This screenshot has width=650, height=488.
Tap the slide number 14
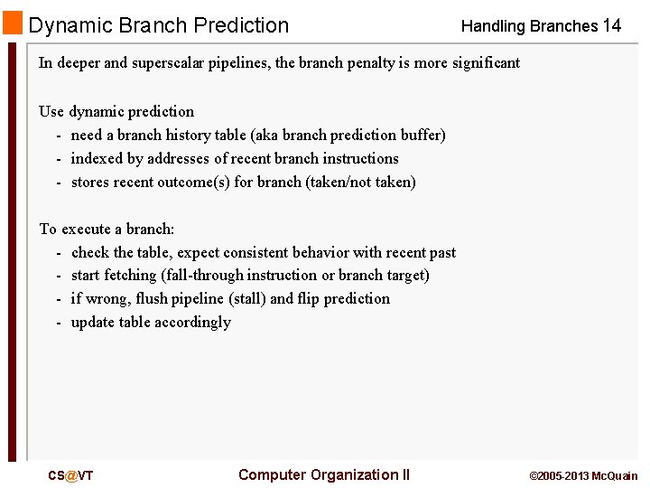tap(611, 25)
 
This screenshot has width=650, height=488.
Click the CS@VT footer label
tap(70, 475)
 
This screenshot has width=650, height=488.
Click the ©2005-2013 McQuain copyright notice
tap(582, 475)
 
